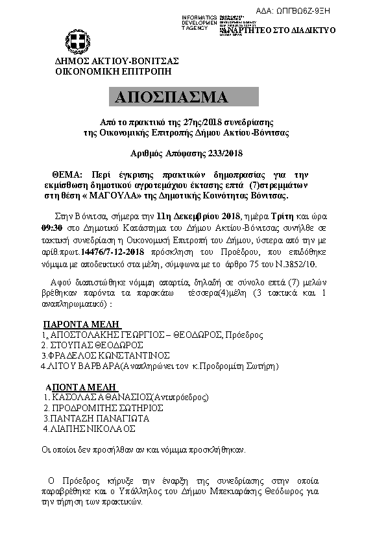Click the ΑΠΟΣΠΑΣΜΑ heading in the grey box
pyautogui.click(x=171, y=97)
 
